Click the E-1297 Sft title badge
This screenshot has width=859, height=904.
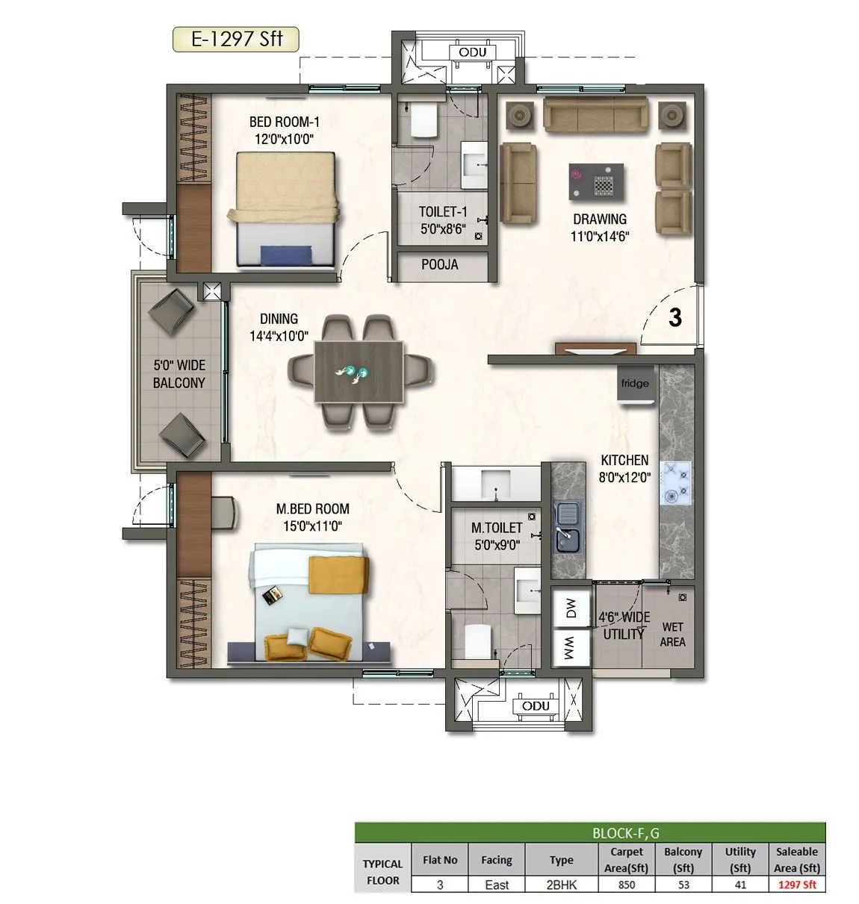[x=236, y=39]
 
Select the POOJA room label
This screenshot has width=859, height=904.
[x=440, y=265]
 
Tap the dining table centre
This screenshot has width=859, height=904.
[x=359, y=372]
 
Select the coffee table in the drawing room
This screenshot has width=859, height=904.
[x=596, y=181]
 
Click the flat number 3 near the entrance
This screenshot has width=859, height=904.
[x=675, y=318]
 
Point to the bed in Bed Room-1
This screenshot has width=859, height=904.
[x=285, y=209]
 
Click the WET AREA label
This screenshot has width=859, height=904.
[x=672, y=635]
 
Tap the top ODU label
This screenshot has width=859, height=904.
[x=473, y=52]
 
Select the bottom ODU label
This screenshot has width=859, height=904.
[x=536, y=706]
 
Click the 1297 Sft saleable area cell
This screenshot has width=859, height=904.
[x=797, y=885]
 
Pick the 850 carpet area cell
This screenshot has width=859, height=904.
[x=626, y=885]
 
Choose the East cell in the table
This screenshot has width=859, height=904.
[x=496, y=885]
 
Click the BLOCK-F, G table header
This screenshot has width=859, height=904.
[x=590, y=832]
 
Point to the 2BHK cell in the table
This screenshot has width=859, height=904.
[x=561, y=885]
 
